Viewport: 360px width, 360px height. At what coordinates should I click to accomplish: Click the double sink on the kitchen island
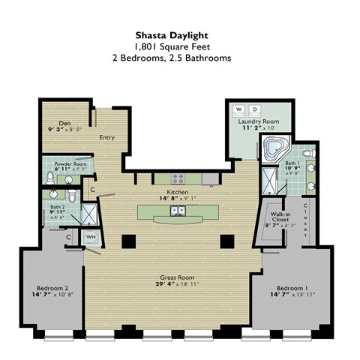coord(178,211)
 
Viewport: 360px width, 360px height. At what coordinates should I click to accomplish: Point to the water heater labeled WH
coord(91,238)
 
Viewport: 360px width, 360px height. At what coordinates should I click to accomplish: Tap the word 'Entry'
coord(106,137)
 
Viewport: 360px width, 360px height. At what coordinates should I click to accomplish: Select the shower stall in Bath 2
coord(88,216)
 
